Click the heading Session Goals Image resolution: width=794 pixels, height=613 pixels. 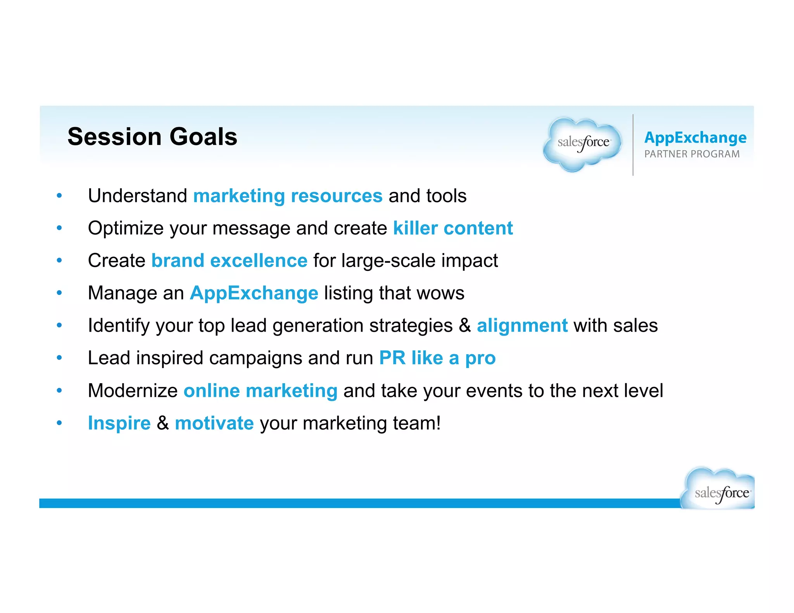[152, 137]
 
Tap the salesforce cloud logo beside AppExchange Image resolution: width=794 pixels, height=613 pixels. [583, 144]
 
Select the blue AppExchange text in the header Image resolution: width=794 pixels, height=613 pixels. [695, 138]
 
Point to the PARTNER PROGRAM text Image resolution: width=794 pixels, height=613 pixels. [692, 154]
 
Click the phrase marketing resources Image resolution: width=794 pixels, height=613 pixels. [288, 196]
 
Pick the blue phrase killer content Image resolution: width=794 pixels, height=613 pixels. [453, 228]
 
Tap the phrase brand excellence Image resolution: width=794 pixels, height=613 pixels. [229, 260]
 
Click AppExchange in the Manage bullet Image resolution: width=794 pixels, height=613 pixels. [254, 293]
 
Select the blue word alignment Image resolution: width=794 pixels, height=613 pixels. [522, 325]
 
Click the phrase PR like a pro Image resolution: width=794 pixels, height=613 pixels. [437, 358]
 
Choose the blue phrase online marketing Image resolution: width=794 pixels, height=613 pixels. [260, 391]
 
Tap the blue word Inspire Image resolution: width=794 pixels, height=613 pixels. [119, 423]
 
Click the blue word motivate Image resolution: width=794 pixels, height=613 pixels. [214, 423]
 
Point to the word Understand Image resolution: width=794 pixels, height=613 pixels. [137, 196]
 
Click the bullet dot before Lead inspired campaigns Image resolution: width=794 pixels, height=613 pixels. [59, 357]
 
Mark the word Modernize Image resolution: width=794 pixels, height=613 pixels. [133, 391]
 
